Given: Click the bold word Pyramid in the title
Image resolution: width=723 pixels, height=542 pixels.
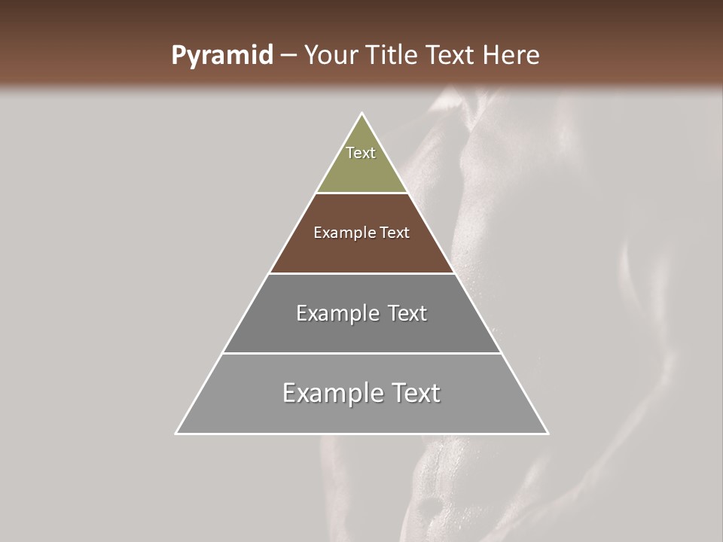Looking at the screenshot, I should pos(222,56).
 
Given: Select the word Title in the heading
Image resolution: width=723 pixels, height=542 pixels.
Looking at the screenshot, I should pos(393,56).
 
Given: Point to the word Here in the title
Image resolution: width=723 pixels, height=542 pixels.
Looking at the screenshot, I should pos(511,56).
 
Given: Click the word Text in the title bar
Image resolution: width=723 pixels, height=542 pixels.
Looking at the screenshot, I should pos(454,56).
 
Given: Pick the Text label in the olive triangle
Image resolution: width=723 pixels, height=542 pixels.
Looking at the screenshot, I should pos(361,153).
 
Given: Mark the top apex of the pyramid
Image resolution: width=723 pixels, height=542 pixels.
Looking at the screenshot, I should pos(362,114).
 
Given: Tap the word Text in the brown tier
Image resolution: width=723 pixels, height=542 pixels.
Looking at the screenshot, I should pos(395,233).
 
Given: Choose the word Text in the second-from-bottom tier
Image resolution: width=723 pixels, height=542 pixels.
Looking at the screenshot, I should pos(407,313).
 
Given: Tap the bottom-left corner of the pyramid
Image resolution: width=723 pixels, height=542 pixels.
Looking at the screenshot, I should pos(176,434).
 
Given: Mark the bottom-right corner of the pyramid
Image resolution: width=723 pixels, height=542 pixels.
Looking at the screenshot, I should pos(548,434).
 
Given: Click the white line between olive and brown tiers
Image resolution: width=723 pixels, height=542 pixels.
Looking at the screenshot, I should pos(362,193).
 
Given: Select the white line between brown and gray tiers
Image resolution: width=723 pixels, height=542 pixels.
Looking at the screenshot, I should pos(362,273).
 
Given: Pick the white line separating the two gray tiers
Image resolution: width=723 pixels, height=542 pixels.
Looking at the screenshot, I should pos(362,353).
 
